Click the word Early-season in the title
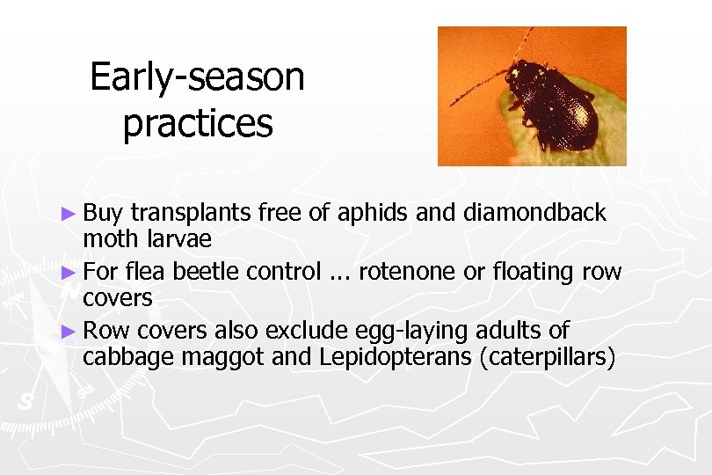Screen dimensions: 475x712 [x=197, y=77]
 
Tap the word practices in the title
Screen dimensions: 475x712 [x=198, y=123]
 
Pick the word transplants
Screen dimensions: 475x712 [x=189, y=214]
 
